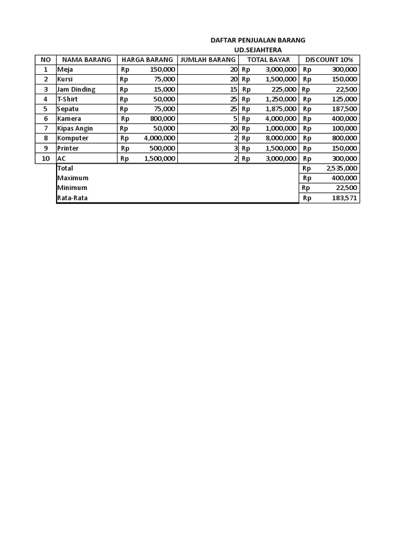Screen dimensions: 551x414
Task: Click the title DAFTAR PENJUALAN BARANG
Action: coord(258,40)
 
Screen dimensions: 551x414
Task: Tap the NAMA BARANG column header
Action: coord(87,60)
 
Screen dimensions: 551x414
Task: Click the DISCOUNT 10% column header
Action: coord(329,60)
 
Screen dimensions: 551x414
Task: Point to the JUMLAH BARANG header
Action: coord(208,60)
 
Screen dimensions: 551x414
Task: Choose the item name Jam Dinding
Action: coord(76,89)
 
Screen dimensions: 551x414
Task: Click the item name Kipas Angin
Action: coord(75,129)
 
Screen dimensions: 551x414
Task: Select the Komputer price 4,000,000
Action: coord(160,138)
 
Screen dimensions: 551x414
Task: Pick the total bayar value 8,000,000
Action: coord(281,138)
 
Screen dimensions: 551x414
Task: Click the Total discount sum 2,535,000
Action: coord(342,168)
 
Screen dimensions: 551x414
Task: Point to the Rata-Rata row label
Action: coord(72,198)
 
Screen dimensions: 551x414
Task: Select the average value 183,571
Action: coord(344,198)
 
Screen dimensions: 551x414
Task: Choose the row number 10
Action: coord(46,158)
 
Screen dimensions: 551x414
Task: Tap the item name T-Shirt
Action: coord(68,99)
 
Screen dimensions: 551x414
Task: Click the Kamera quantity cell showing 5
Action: coord(236,119)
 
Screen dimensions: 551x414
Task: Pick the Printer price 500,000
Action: coord(162,149)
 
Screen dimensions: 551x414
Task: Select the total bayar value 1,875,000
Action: coord(281,109)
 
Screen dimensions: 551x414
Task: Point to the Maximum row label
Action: coord(73,178)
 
